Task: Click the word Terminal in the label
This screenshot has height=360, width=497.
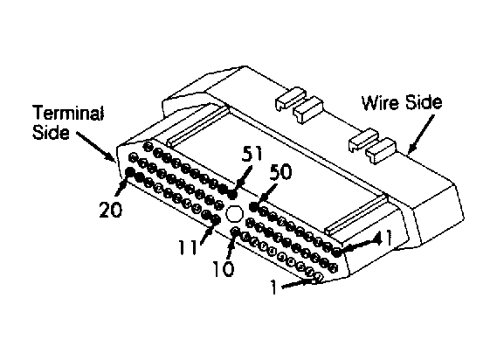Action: coord(68,113)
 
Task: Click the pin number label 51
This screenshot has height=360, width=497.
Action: coord(252,154)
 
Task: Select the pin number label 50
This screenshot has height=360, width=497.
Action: coord(281,172)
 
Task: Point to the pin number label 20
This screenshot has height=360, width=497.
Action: coord(110,210)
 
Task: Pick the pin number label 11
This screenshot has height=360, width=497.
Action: coord(188,247)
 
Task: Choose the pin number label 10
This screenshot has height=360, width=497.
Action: coord(224,269)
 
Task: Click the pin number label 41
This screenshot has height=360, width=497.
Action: coord(384,238)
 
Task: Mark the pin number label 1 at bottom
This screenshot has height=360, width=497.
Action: coord(274,287)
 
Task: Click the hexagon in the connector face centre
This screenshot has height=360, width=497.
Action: coord(235,213)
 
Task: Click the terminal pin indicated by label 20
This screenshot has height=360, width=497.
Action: coord(130,171)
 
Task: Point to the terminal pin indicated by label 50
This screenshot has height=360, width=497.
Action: coord(253,207)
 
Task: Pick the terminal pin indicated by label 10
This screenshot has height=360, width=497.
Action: coord(236,232)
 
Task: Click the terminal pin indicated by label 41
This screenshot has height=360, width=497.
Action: coord(337,253)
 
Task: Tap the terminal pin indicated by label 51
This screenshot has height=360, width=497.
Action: coord(233,193)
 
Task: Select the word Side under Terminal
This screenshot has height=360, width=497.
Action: coord(51,132)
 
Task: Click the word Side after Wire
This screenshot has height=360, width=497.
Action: coord(424,103)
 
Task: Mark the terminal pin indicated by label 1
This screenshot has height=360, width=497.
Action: coord(319,278)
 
